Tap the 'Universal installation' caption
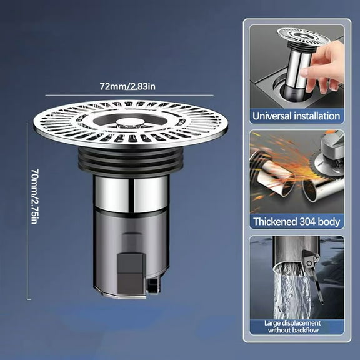coord(296,116)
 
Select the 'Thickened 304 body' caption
coord(296,221)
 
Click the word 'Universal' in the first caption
coord(271,116)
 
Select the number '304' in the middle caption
coord(306,221)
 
